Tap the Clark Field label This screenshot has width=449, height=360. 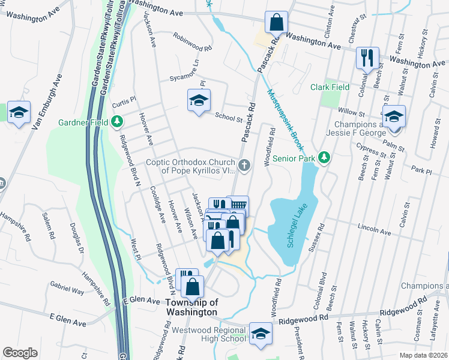pos(330,87)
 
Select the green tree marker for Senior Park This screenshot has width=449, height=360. pos(325,158)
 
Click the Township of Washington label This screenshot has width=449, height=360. pos(191,307)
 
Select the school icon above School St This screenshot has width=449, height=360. pos(199,100)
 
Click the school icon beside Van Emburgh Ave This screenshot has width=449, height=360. pos(19,112)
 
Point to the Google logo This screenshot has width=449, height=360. pos(20,352)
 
